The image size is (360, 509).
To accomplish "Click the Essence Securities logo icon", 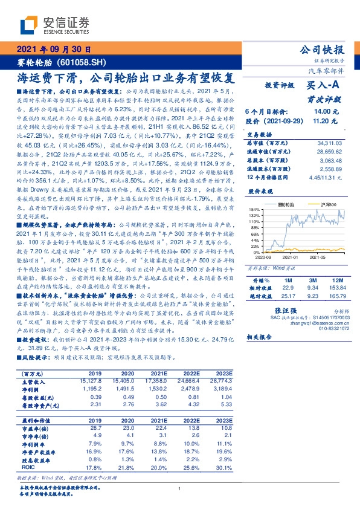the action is coord(30,24).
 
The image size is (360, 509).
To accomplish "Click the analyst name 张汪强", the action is coord(294,308).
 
